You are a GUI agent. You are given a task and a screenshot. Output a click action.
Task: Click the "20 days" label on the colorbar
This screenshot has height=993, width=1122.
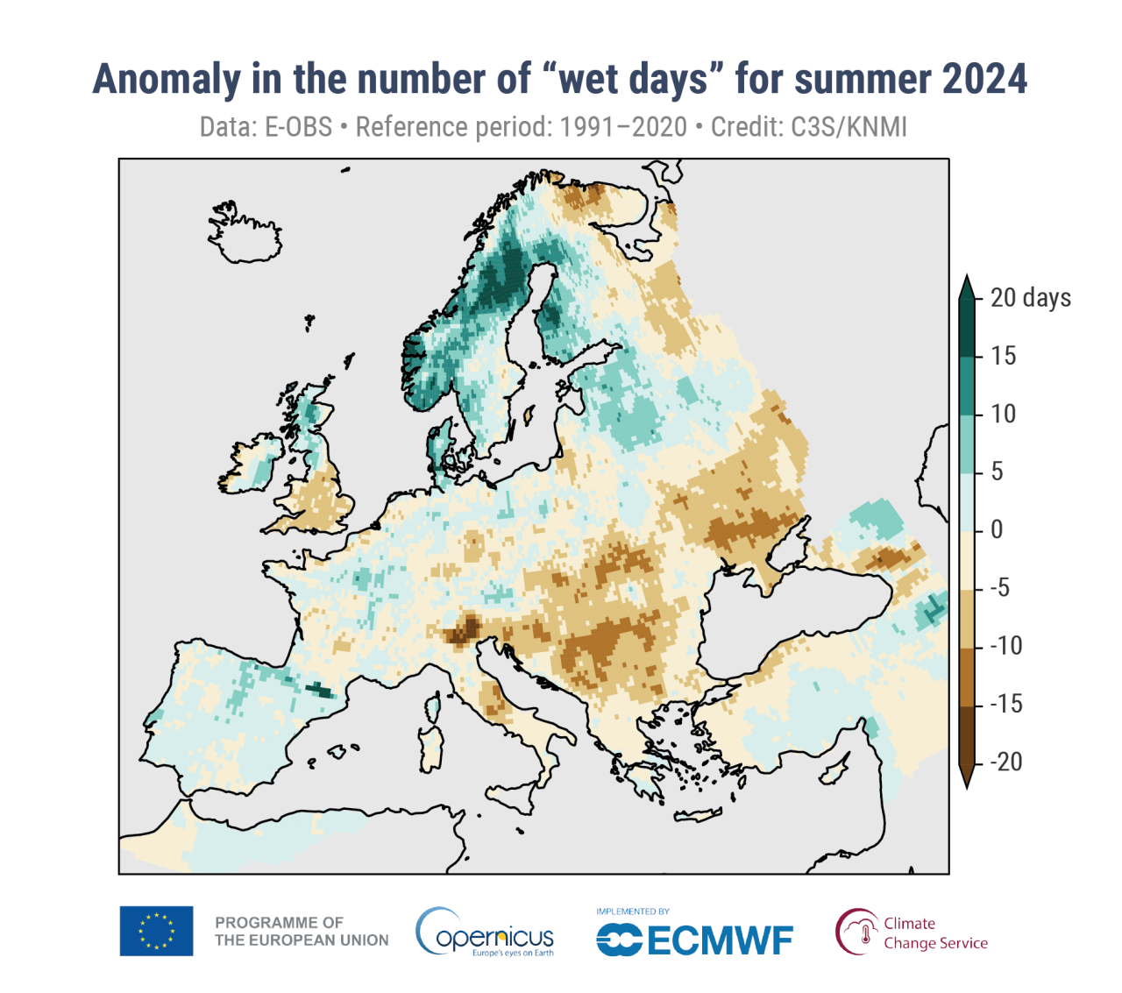point(1030,298)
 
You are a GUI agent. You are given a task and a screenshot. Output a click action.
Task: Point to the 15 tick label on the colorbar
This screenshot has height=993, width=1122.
point(1003,356)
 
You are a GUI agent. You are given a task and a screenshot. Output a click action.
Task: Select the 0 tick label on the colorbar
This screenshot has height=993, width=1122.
point(997,529)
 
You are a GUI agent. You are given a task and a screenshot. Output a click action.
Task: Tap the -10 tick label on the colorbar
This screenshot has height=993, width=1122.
point(1005,646)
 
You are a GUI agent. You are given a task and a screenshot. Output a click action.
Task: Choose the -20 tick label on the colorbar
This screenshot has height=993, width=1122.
point(1005,762)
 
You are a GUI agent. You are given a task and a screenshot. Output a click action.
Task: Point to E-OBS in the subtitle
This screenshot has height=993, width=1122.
point(298,127)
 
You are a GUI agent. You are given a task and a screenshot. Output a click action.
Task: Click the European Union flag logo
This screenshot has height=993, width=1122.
point(156,931)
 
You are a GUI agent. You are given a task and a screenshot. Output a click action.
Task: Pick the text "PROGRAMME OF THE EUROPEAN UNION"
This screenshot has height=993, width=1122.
point(302,932)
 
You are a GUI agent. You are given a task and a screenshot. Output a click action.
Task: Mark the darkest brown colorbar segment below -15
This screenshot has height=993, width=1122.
point(967,736)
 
